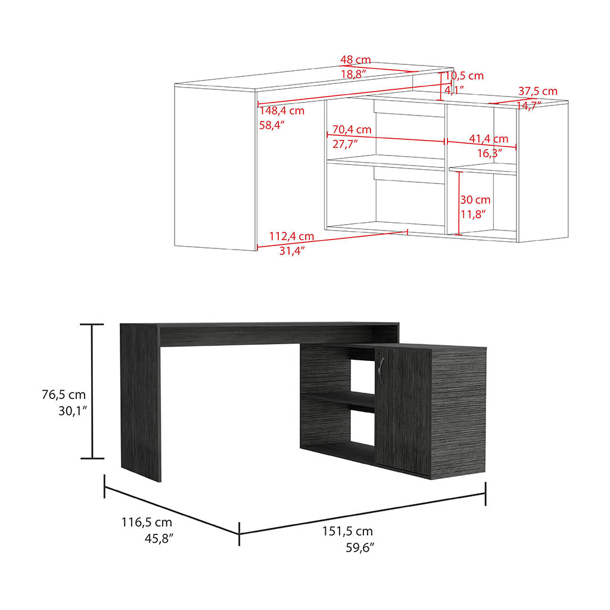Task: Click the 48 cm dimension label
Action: [356, 60]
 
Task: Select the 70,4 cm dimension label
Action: [352, 129]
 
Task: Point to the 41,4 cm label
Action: [488, 139]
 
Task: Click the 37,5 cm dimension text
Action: [538, 91]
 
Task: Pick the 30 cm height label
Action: [475, 200]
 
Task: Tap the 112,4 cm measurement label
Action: [291, 236]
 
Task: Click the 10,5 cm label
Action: [464, 76]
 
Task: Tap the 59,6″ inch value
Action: [359, 547]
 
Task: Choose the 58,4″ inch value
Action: [272, 125]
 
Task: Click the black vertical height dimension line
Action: [92, 391]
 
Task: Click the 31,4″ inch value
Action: [292, 251]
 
